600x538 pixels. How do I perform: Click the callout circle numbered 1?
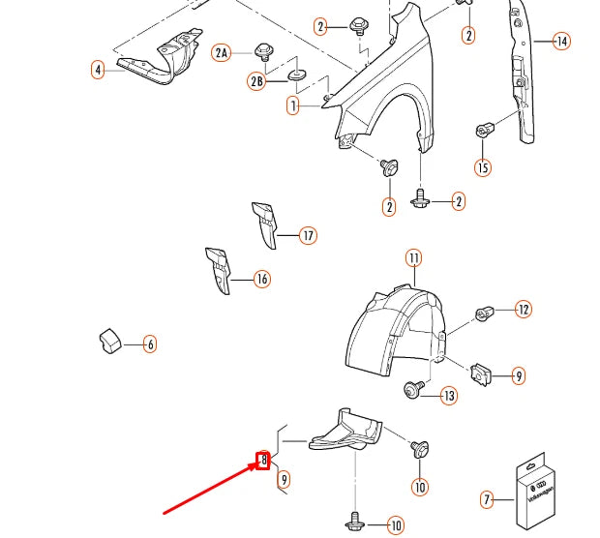pyautogui.click(x=293, y=106)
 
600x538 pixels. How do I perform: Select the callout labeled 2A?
pyautogui.click(x=223, y=52)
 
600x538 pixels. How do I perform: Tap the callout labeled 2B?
pyautogui.click(x=257, y=82)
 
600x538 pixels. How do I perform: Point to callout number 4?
pyautogui.click(x=98, y=69)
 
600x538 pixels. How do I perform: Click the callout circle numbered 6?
pyautogui.click(x=149, y=343)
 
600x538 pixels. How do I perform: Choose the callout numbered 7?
pyautogui.click(x=488, y=499)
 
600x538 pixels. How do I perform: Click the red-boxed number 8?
pyautogui.click(x=262, y=460)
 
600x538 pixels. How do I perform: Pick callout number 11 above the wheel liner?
pyautogui.click(x=413, y=258)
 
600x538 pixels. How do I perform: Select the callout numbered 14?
pyautogui.click(x=561, y=41)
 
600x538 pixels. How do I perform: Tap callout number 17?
pyautogui.click(x=308, y=235)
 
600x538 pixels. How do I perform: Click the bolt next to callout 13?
pyautogui.click(x=414, y=390)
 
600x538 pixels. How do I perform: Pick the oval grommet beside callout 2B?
pyautogui.click(x=296, y=75)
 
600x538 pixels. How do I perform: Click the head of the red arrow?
pyautogui.click(x=255, y=467)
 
